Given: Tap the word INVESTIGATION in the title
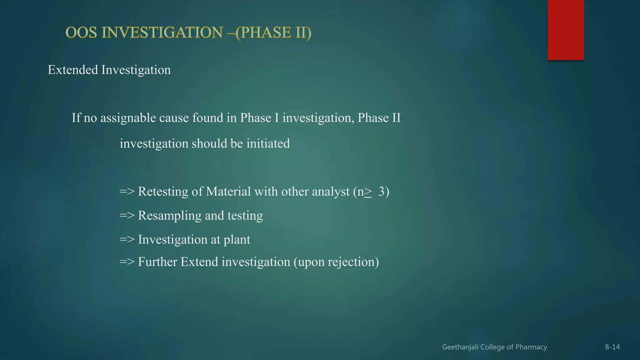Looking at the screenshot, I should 162,32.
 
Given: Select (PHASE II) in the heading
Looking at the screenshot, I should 273,33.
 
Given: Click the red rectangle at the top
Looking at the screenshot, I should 566,30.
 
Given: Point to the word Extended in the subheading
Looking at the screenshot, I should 73,70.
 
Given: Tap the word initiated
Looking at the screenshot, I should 268,143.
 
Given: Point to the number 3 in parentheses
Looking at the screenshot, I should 381,191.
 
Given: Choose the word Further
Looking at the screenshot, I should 157,262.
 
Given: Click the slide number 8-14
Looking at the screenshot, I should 612,347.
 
